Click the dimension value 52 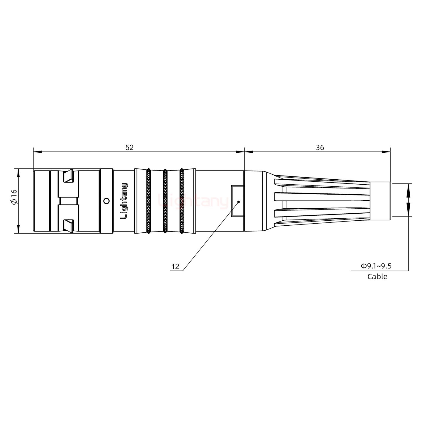tap(129, 147)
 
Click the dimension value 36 tap(320, 147)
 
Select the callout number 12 tap(175, 267)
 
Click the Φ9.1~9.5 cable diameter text tap(376, 266)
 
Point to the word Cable tap(377, 277)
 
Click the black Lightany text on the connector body tap(124, 201)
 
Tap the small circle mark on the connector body tap(107, 201)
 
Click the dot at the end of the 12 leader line tap(239, 202)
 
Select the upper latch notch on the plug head tap(69, 176)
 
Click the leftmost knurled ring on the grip tap(148, 201)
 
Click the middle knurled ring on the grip tap(165, 201)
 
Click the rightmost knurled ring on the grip tap(182, 201)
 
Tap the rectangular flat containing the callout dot tap(237, 201)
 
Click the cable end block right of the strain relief tap(380, 201)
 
